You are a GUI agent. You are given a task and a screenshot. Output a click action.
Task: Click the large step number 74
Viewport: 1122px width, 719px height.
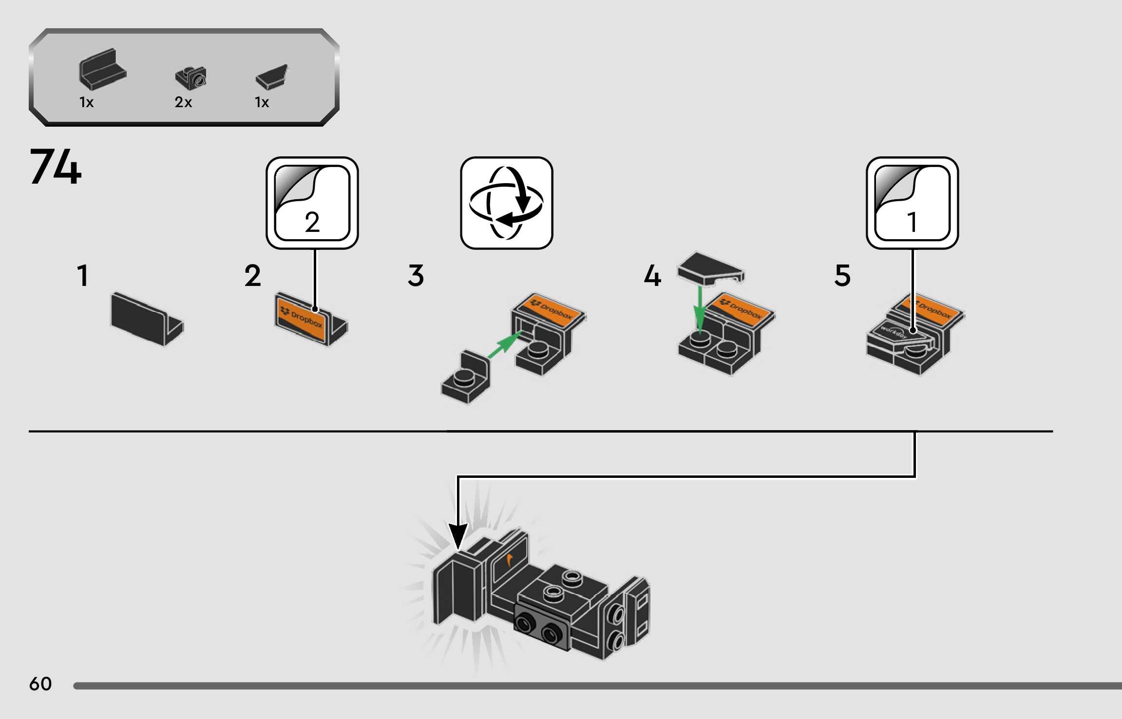point(56,167)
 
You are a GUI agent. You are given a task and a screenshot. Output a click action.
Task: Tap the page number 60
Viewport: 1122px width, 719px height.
point(40,684)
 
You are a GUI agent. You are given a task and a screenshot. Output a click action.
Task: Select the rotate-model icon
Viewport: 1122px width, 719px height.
point(506,203)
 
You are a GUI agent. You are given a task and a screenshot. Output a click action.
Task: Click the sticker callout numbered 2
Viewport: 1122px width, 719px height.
point(312,203)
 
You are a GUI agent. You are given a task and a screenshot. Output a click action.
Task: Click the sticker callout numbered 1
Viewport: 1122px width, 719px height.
point(912,203)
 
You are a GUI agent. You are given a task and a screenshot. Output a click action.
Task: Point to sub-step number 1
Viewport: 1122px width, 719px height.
point(83,276)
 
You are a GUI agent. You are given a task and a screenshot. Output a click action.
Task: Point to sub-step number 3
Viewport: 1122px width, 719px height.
point(416,276)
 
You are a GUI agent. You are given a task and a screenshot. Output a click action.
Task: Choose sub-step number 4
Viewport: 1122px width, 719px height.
point(652,276)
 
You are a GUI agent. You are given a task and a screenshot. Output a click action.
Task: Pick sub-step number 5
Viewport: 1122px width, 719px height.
point(842,276)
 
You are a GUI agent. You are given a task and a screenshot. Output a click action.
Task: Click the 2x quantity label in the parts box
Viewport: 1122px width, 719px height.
point(183,102)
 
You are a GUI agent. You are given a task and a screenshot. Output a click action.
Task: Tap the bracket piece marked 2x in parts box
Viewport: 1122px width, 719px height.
point(191,78)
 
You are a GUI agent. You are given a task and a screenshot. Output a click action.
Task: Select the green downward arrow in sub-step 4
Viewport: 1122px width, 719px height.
point(700,309)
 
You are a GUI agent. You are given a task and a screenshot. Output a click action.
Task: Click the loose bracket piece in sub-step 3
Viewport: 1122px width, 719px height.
point(466,378)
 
